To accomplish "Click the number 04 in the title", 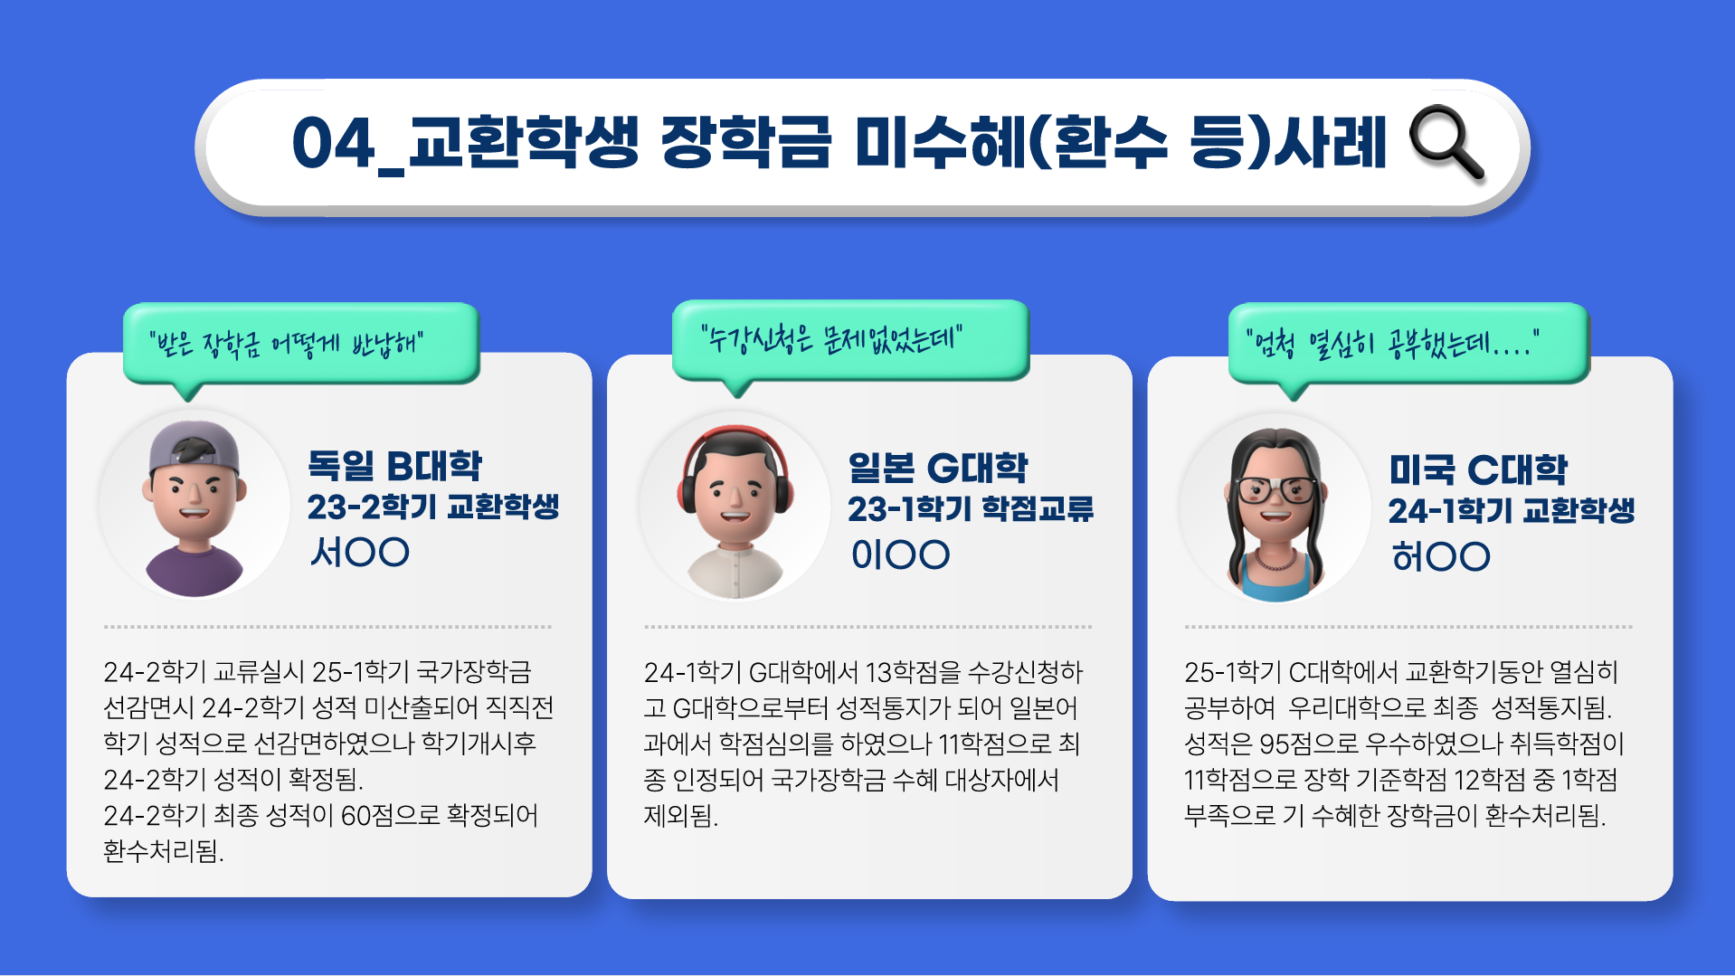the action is tap(333, 143).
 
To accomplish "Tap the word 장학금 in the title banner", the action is tap(745, 142).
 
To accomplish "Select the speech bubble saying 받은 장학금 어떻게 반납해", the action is tap(300, 345).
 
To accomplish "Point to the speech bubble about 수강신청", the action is tap(850, 341).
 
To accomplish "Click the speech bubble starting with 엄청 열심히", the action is tap(1408, 345).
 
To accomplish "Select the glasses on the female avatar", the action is tap(1277, 489).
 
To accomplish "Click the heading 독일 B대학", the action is tap(394, 466).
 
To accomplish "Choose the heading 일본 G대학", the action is tap(937, 468).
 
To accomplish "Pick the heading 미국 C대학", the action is tap(1478, 469).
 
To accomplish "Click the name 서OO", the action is tap(359, 552).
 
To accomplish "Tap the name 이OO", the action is tap(900, 554).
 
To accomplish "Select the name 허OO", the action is tap(1441, 556).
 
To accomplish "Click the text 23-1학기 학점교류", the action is tap(971, 509).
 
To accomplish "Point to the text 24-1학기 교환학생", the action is tap(1512, 511).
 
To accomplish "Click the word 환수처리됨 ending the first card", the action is tap(163, 851).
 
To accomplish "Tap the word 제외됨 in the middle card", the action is tap(680, 816).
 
